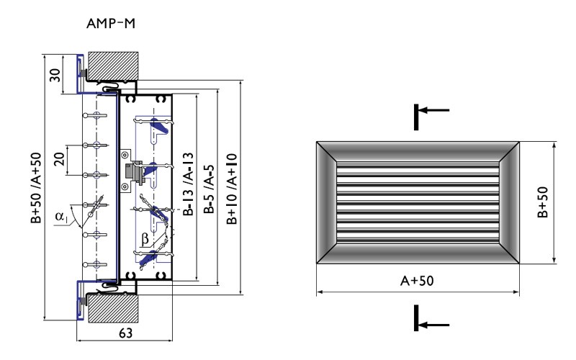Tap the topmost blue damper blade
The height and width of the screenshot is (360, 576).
tap(161, 128)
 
